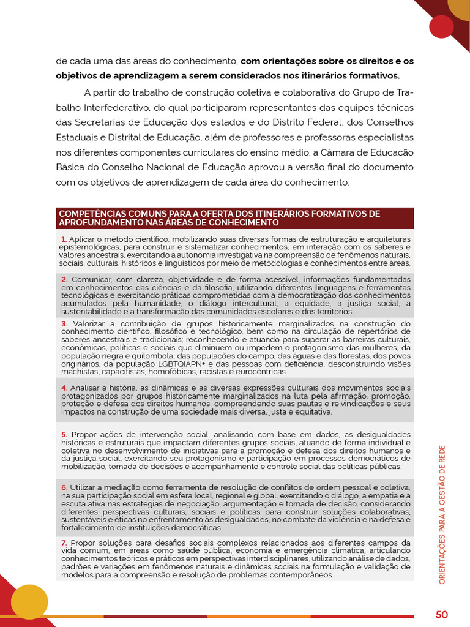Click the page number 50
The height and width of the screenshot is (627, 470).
[x=442, y=614]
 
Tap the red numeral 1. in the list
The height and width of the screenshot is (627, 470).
[x=64, y=239]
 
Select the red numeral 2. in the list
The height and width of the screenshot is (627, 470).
[x=64, y=279]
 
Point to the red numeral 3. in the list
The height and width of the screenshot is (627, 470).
[x=64, y=324]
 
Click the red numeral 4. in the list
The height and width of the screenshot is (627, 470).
[x=64, y=388]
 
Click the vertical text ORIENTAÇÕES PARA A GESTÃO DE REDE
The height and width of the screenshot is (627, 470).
[x=442, y=514]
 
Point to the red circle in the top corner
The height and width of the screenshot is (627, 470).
[x=441, y=26]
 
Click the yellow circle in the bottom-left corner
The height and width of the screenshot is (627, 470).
[x=29, y=601]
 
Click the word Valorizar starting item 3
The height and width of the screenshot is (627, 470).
[x=92, y=324]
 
